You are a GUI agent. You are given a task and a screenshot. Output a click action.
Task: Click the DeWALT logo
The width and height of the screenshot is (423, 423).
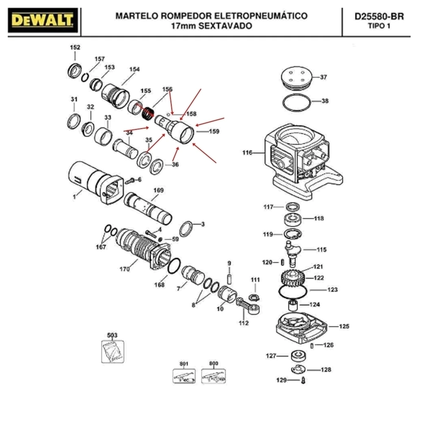pyautogui.click(x=43, y=20)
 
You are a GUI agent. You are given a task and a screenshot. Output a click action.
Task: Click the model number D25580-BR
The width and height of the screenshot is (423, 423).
pyautogui.click(x=379, y=16)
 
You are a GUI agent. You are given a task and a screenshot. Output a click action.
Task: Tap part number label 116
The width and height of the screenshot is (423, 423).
pyautogui.click(x=247, y=153)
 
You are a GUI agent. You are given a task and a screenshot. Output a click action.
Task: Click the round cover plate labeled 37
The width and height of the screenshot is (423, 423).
pyautogui.click(x=297, y=77)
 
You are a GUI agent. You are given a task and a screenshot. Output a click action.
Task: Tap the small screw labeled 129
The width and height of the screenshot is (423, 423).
pyautogui.click(x=303, y=380)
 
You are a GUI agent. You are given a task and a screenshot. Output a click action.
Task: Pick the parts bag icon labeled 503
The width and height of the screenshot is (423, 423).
pyautogui.click(x=113, y=352)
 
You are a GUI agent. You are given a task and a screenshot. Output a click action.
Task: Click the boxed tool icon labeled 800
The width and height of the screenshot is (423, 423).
pyautogui.click(x=213, y=376)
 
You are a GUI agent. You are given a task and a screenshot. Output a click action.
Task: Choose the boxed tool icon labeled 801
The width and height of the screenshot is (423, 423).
pyautogui.click(x=184, y=376)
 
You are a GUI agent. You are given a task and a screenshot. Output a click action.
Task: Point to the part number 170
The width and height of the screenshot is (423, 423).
pyautogui.click(x=125, y=269)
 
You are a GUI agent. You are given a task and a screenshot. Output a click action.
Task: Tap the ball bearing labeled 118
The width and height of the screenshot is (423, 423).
pyautogui.click(x=293, y=219)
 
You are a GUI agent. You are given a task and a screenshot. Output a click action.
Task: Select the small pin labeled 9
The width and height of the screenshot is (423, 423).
pyautogui.click(x=229, y=279)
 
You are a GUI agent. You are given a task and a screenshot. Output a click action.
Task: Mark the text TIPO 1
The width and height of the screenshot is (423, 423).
pyautogui.click(x=379, y=26)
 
